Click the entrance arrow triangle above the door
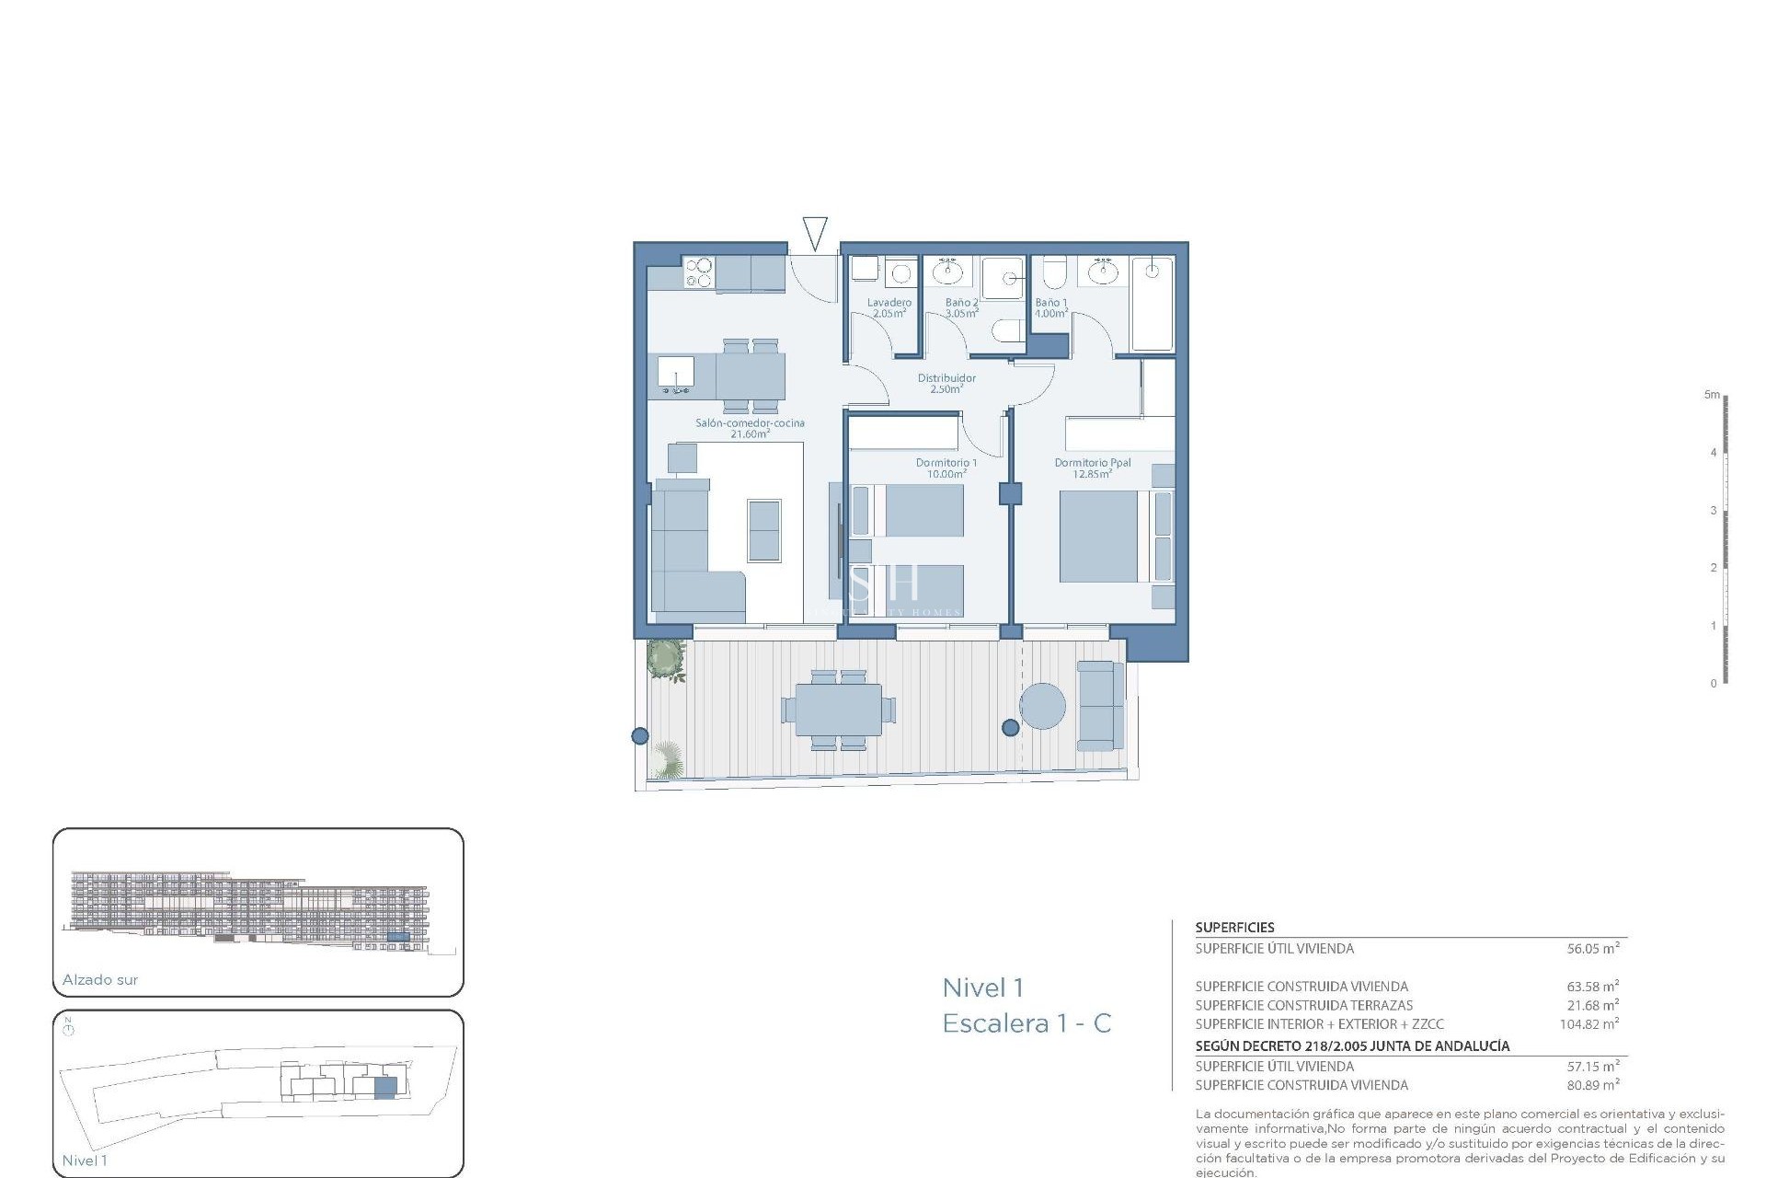click(815, 231)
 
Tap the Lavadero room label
click(889, 307)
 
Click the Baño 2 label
click(961, 307)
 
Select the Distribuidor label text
click(946, 383)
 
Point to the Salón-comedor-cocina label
click(750, 428)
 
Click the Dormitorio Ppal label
click(1093, 468)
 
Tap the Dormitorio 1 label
click(946, 468)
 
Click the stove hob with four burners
click(699, 272)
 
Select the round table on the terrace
click(1042, 706)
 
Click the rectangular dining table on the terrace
click(838, 710)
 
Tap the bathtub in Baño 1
click(1152, 304)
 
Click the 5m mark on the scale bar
click(1712, 395)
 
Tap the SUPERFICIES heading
click(1234, 928)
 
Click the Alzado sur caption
click(100, 980)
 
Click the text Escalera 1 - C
click(1026, 1023)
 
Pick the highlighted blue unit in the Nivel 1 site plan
click(385, 1087)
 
